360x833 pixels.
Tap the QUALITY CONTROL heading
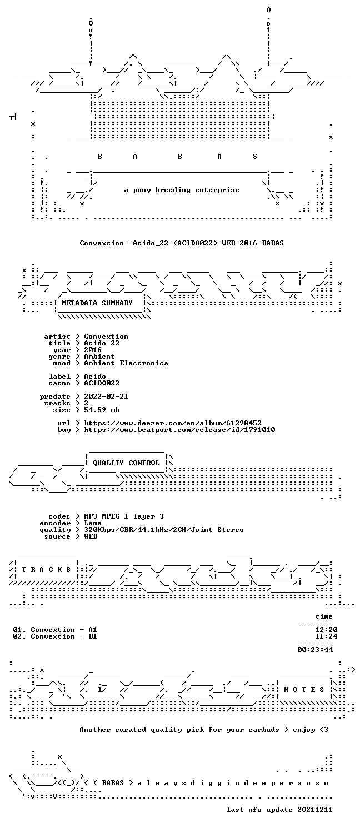tap(126, 463)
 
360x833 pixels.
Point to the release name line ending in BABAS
tap(182, 243)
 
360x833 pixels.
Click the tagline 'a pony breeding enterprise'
tap(182, 190)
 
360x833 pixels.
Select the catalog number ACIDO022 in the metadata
tap(102, 383)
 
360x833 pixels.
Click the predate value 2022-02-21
tap(106, 397)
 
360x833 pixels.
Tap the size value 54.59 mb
tap(102, 410)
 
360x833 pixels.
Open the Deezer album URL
tap(173, 423)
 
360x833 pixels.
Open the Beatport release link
tap(179, 430)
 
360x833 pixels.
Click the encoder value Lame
tap(93, 523)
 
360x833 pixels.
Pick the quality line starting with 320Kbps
tap(164, 530)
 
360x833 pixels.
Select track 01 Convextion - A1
tap(54, 630)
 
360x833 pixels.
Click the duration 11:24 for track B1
tap(326, 636)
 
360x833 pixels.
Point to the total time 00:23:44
tap(315, 650)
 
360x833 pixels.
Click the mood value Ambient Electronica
tap(126, 363)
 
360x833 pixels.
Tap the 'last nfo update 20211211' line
tap(279, 810)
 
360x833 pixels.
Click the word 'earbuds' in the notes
tap(264, 730)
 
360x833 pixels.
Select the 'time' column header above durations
tap(323, 616)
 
